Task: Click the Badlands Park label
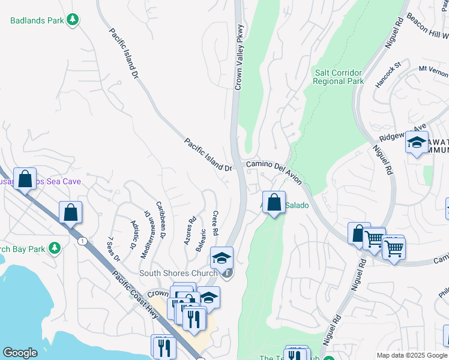(37, 20)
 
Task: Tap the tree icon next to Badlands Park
(73, 20)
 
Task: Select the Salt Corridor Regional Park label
(339, 77)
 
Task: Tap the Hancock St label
(388, 75)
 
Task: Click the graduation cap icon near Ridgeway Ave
(416, 143)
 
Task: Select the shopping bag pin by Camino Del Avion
(274, 202)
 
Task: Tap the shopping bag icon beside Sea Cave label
(25, 179)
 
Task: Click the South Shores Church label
(178, 274)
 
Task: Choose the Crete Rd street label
(214, 223)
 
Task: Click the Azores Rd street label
(191, 229)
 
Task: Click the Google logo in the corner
(20, 353)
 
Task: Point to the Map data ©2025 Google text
(411, 355)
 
